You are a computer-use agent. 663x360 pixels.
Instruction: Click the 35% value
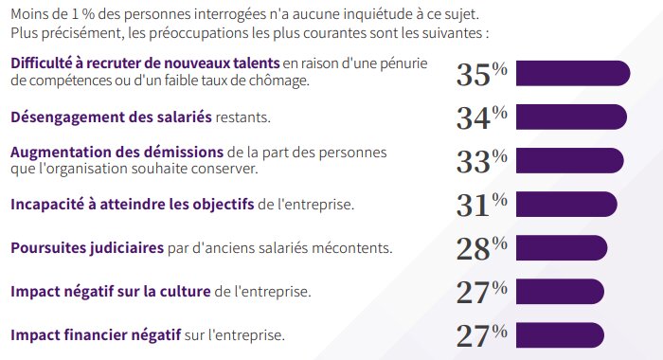(x=481, y=74)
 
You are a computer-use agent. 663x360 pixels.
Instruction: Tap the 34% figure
(x=481, y=117)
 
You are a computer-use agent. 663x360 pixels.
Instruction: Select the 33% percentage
(x=481, y=161)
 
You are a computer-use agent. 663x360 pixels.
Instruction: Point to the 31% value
(x=481, y=205)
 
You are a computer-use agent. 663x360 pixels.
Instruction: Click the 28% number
(x=481, y=248)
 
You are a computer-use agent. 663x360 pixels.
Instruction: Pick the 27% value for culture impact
(x=481, y=292)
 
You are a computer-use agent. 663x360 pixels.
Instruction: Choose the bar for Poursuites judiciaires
(x=561, y=248)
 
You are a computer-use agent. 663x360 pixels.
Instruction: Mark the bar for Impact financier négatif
(x=559, y=334)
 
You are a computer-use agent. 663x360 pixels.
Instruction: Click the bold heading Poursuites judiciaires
(x=85, y=248)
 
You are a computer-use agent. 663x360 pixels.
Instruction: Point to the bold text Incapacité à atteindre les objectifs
(x=132, y=204)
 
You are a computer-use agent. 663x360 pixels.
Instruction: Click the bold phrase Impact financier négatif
(x=99, y=335)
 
